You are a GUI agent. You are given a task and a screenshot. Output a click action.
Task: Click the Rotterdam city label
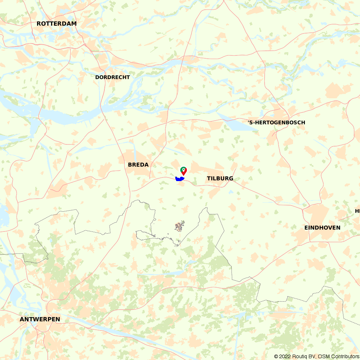point(57,24)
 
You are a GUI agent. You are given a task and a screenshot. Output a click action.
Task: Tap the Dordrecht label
point(112,77)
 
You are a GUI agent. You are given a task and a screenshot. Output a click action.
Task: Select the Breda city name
point(138,165)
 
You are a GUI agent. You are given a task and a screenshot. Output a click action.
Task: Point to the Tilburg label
point(220,178)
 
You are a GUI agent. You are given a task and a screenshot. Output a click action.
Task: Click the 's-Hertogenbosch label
point(276,122)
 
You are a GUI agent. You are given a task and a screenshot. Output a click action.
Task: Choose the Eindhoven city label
point(322,228)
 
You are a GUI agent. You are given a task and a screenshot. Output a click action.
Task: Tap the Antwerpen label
point(40,319)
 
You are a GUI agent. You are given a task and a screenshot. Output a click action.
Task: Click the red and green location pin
point(183,171)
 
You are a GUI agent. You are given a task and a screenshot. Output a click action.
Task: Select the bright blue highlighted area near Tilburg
point(179,179)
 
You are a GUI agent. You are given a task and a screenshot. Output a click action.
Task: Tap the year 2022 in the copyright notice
point(284,356)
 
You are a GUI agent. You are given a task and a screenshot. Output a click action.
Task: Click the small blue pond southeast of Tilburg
point(230,192)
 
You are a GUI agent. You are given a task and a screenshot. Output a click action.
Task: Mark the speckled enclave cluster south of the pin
point(179,226)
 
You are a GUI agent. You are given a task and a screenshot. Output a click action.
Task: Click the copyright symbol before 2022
point(276,356)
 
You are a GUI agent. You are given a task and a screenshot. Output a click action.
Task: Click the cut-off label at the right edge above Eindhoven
point(357,211)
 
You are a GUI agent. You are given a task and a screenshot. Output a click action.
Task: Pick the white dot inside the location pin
point(183,169)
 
